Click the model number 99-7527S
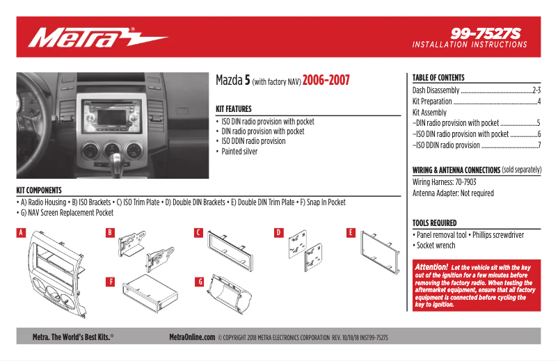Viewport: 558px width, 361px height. (x=485, y=33)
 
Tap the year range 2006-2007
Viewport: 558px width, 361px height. (x=326, y=80)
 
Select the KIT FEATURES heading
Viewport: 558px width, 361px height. (x=234, y=109)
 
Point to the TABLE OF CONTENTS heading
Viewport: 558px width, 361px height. (x=438, y=78)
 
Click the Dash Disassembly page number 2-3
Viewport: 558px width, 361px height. (x=536, y=90)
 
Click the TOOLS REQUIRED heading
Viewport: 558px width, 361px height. (x=434, y=223)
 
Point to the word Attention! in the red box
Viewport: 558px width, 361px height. (x=431, y=267)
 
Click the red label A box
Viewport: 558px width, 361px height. (x=21, y=232)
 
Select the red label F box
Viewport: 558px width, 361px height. (x=110, y=282)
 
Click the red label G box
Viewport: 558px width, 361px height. (x=199, y=282)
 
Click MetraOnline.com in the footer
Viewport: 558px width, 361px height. (x=192, y=337)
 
